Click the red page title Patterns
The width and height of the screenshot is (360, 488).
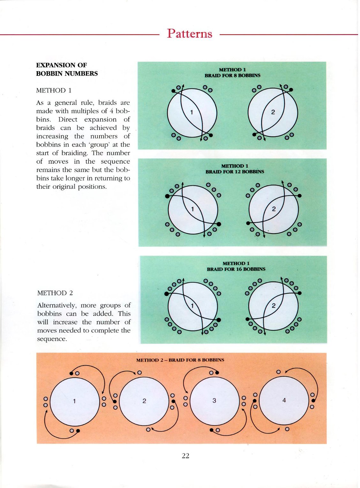190,34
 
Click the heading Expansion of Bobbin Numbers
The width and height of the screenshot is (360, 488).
67,69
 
